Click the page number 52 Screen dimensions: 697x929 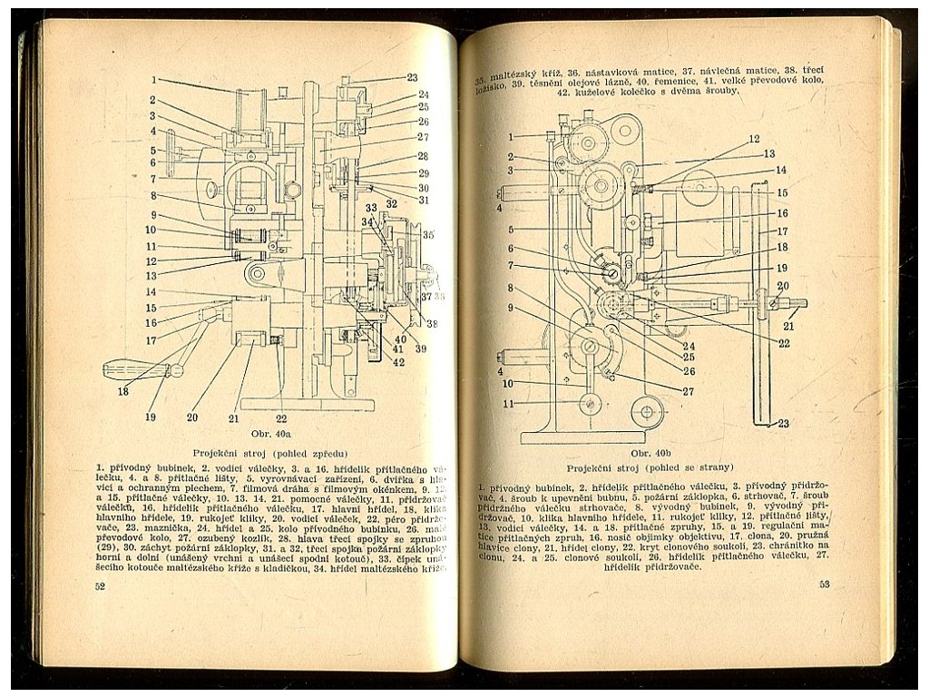pyautogui.click(x=100, y=586)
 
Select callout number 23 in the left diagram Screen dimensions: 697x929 pyautogui.click(x=412, y=78)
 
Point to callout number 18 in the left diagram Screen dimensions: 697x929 pyautogui.click(x=122, y=391)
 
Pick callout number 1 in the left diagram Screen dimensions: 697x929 pyautogui.click(x=154, y=80)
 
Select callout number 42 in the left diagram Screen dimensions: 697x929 pyautogui.click(x=398, y=362)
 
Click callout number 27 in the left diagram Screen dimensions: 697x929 pyautogui.click(x=423, y=137)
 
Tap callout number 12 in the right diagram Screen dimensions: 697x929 pyautogui.click(x=754, y=139)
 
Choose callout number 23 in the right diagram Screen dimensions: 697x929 pyautogui.click(x=783, y=423)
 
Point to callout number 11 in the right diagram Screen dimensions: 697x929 pyautogui.click(x=509, y=404)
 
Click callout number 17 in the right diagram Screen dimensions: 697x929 pyautogui.click(x=781, y=231)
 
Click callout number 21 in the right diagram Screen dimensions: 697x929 pyautogui.click(x=788, y=326)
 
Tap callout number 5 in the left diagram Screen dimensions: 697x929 pyautogui.click(x=154, y=150)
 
